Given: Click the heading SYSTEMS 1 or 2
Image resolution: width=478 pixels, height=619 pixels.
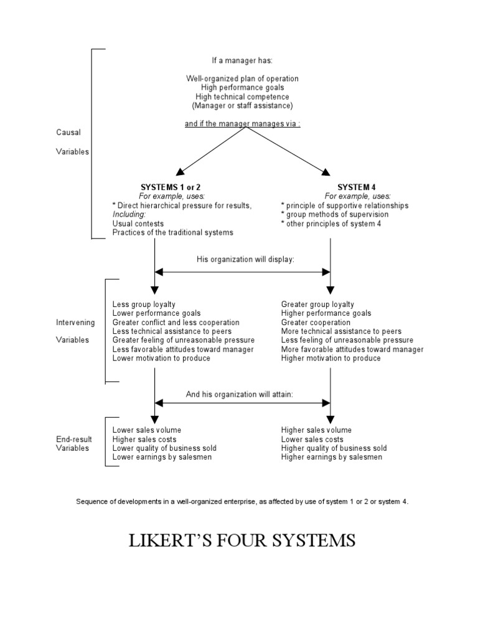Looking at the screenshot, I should [x=171, y=187].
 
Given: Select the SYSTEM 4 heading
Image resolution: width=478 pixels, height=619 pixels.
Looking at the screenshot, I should [x=357, y=187].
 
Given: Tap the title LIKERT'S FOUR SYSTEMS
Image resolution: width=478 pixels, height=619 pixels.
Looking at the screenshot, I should [x=241, y=540].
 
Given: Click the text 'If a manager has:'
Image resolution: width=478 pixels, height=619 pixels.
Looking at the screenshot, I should [x=242, y=61].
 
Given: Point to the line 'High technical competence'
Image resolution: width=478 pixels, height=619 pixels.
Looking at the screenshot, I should [x=242, y=97].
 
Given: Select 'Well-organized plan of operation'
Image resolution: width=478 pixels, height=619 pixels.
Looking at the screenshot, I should [x=242, y=78].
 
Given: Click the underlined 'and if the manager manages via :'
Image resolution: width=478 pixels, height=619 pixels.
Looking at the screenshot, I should [x=242, y=123].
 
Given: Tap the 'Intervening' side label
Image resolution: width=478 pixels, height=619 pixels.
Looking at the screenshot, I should [x=75, y=323].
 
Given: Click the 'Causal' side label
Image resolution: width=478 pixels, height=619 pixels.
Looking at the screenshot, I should [x=68, y=132].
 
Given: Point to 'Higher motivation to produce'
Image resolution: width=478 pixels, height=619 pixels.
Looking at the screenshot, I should [x=330, y=358].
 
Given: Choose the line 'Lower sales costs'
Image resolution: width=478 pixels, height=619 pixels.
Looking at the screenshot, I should [x=312, y=439].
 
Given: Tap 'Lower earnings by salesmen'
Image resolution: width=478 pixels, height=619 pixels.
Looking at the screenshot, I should [x=162, y=457].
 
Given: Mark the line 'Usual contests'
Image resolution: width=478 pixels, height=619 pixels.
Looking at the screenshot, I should [x=138, y=223].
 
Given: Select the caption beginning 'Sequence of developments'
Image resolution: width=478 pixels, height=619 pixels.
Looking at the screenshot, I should [x=242, y=501].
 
